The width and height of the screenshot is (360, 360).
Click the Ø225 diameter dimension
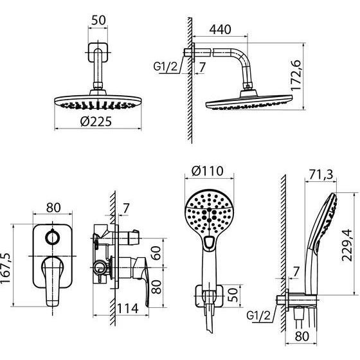pyautogui.click(x=96, y=122)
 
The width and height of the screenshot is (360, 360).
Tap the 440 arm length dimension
pyautogui.click(x=220, y=30)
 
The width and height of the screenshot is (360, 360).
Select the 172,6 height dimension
pyautogui.click(x=296, y=75)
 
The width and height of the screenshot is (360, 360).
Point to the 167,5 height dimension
pyautogui.click(x=6, y=268)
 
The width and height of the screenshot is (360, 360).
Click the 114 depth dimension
pyautogui.click(x=128, y=309)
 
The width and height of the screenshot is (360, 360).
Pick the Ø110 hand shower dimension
pyautogui.click(x=207, y=171)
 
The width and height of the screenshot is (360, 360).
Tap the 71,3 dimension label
pyautogui.click(x=321, y=175)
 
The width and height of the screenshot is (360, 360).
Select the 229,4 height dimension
pyautogui.click(x=346, y=246)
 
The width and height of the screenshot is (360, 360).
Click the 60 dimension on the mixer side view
pyautogui.click(x=156, y=253)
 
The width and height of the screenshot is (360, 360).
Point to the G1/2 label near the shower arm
pyautogui.click(x=166, y=67)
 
